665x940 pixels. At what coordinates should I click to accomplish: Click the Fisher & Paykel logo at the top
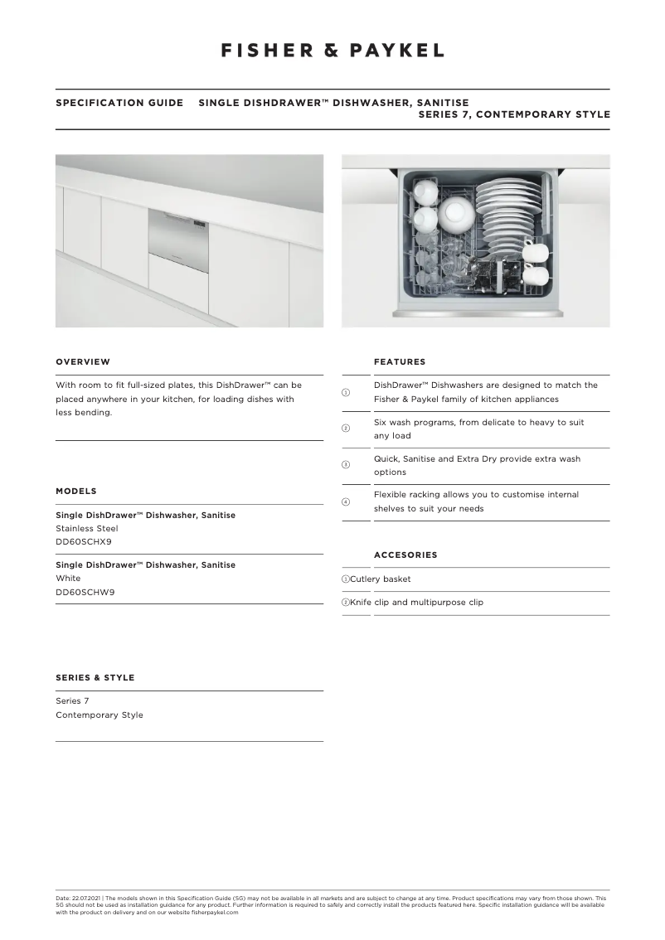click(332, 51)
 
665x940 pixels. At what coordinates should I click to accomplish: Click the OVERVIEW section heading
click(82, 362)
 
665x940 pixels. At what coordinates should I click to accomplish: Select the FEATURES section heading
click(400, 362)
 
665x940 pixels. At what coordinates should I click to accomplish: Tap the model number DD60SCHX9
click(84, 541)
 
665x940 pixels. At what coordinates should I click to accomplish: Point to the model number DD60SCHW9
click(85, 591)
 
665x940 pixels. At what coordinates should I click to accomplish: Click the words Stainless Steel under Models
click(86, 528)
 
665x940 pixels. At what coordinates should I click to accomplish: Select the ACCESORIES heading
click(405, 555)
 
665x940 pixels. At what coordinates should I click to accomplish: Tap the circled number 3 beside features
click(347, 465)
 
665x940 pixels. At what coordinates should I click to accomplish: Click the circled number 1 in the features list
click(347, 392)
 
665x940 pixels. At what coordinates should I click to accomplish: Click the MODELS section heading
click(76, 492)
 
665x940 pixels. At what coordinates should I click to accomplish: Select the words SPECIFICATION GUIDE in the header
click(119, 104)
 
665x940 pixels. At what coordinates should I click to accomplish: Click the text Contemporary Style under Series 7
click(99, 715)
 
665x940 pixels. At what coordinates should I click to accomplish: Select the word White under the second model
click(68, 578)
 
